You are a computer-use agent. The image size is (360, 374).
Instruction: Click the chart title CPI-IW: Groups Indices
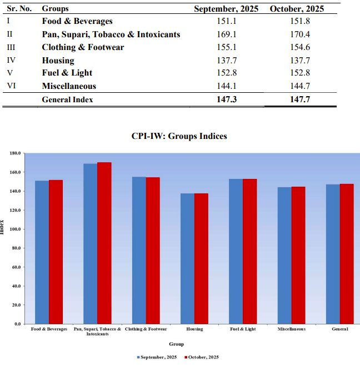(179, 136)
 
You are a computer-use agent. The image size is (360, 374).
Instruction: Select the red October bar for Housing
(201, 258)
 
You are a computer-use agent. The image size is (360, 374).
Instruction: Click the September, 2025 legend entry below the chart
(157, 357)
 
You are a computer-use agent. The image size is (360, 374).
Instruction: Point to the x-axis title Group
(176, 344)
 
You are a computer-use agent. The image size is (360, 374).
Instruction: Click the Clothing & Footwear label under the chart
(146, 329)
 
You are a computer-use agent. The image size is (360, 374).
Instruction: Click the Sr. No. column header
(19, 9)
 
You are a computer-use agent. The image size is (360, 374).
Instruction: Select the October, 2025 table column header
(296, 9)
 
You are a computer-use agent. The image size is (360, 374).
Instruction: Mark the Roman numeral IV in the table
(11, 60)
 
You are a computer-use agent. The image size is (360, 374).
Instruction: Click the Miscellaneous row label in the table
(69, 86)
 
